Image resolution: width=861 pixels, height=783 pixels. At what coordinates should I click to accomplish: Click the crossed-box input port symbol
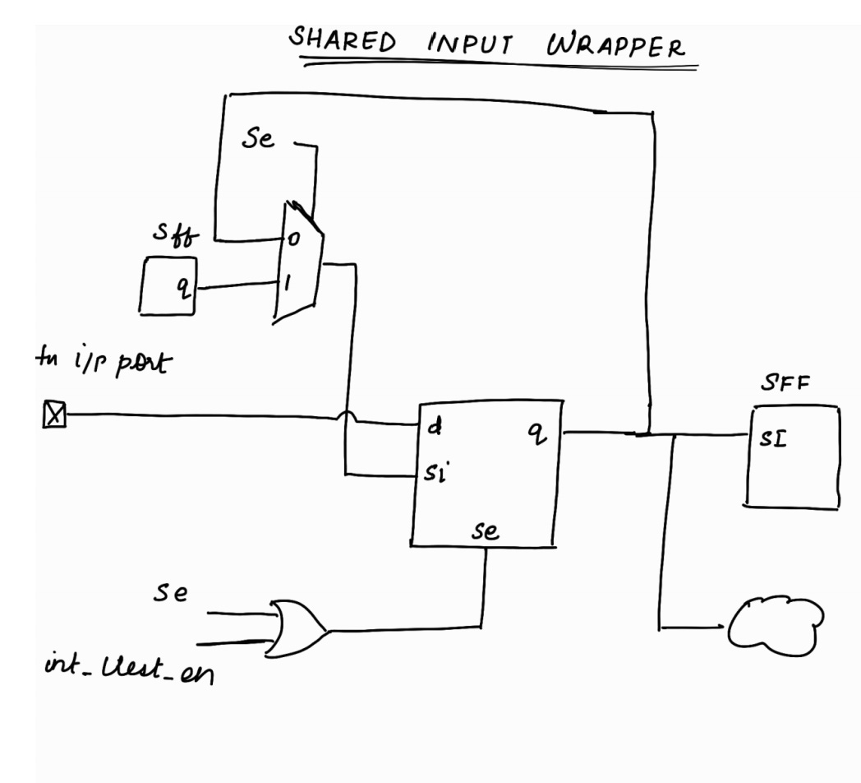point(53,417)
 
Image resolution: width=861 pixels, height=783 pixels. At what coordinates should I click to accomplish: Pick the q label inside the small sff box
point(185,286)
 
